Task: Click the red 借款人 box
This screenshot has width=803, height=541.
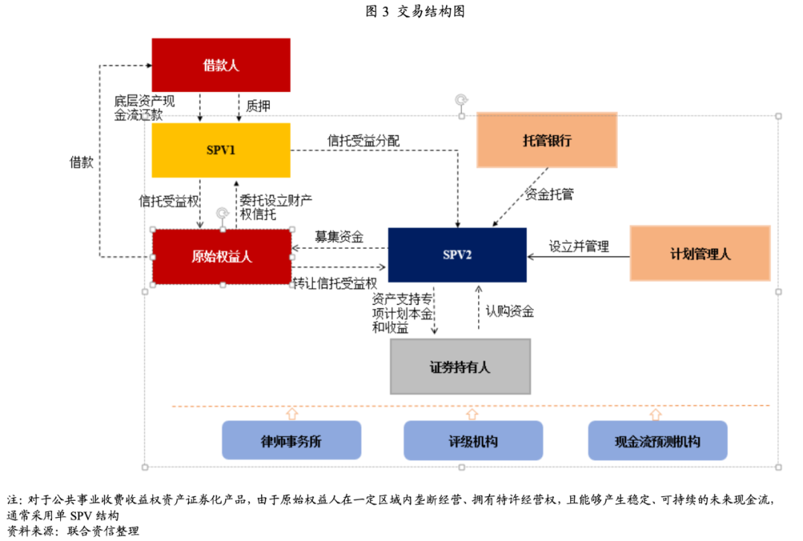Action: point(221,65)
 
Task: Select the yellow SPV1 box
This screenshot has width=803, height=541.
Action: point(221,150)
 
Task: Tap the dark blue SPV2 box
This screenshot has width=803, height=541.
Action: point(457,255)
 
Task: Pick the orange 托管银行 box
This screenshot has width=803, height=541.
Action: point(546,140)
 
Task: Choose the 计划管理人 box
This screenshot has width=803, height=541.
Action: point(700,253)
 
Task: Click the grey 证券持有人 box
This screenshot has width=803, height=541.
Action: point(460,366)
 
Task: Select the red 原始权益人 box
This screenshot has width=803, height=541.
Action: point(222,257)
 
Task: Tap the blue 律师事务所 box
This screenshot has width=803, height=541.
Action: point(291,441)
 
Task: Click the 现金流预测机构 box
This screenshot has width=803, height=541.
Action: point(657,441)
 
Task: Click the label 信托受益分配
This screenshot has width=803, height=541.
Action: point(363,140)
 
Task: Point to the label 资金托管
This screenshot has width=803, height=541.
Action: point(549,195)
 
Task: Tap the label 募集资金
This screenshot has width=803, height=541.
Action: point(339,237)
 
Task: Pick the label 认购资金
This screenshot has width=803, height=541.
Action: point(509,311)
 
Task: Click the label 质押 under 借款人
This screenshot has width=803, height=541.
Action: point(257,106)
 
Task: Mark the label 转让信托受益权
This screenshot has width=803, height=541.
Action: point(335,283)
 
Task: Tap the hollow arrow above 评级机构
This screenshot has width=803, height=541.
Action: point(471,412)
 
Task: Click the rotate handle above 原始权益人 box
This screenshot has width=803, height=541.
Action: point(221,214)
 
